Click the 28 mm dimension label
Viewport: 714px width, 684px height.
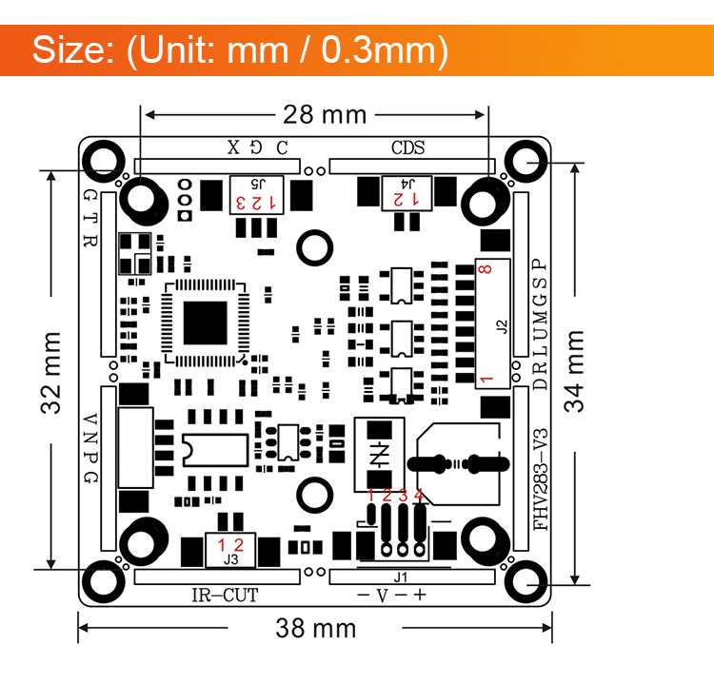pyautogui.click(x=324, y=115)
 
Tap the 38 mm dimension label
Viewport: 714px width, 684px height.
pyautogui.click(x=316, y=628)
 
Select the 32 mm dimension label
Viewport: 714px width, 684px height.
pyautogui.click(x=51, y=372)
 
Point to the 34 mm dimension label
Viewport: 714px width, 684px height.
pyautogui.click(x=575, y=371)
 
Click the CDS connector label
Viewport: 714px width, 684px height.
pyautogui.click(x=407, y=148)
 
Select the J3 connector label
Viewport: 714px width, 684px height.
pyautogui.click(x=230, y=560)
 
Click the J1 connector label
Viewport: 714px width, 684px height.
pyautogui.click(x=400, y=576)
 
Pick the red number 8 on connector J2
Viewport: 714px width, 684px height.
pyautogui.click(x=486, y=271)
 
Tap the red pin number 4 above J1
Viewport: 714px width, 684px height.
pyautogui.click(x=418, y=495)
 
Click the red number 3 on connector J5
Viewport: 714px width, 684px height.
pyautogui.click(x=241, y=203)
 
